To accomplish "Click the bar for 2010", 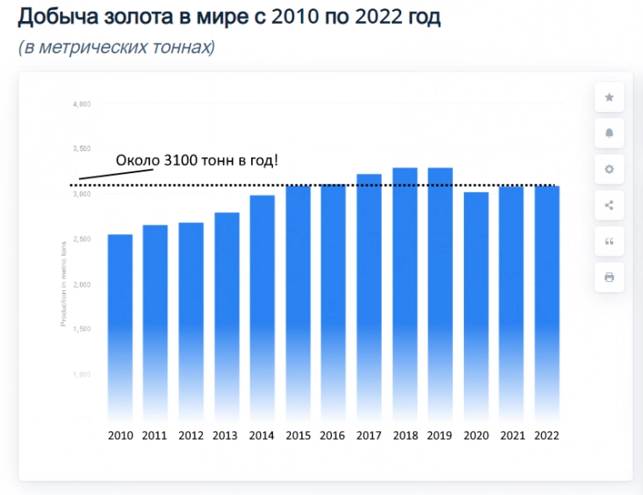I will coord(120,327).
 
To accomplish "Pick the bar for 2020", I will coord(475,306).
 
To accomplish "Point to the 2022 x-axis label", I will coord(547,436).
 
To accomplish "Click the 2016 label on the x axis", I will coord(333,436).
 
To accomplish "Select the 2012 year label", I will coord(190,436).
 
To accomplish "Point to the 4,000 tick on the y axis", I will coord(81,104).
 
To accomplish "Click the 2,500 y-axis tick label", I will coord(81,239).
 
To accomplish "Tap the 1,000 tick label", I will coord(81,374).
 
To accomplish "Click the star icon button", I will coord(609,98).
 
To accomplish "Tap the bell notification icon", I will coord(609,133).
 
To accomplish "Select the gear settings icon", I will coord(609,169).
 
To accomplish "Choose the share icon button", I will coord(609,205).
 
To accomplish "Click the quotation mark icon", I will coord(609,241).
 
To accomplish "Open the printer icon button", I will coord(609,277).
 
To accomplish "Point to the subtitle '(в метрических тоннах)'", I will coord(116,48).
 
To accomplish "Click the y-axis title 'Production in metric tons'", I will coord(63,284).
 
